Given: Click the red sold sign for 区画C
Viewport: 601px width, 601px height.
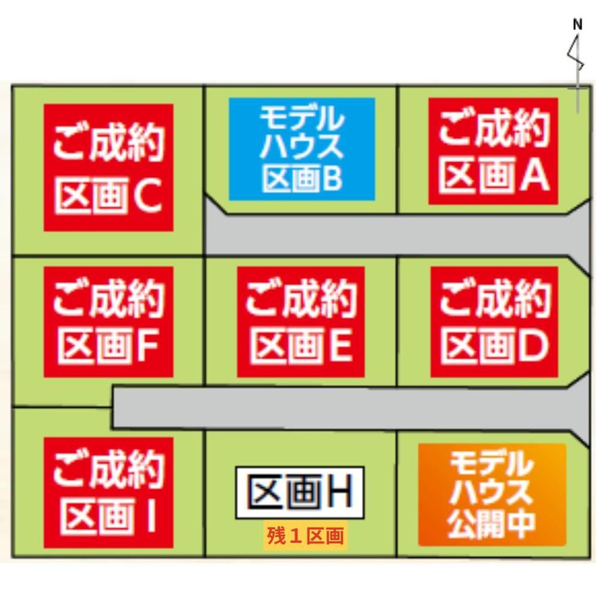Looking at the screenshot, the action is (108, 168).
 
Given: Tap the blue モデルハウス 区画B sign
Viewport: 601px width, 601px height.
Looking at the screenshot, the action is (302, 149).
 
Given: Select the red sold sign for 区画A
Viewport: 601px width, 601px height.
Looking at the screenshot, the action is (493, 151).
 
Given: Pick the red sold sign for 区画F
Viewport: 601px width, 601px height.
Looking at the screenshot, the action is (108, 322).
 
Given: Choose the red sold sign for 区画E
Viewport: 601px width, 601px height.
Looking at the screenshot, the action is (301, 322).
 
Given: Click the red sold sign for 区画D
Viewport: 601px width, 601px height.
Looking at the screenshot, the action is (494, 322).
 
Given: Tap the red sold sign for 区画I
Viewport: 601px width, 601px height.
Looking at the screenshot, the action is (108, 493).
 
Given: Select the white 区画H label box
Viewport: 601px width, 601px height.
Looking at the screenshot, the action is (300, 493).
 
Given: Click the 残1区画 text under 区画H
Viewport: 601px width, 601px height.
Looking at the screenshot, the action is (305, 536).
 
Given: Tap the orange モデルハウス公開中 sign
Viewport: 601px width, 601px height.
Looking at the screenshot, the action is (492, 495).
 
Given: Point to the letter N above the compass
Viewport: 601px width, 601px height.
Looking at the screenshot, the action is (577, 25).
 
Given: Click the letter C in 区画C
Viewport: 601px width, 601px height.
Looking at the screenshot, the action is (148, 197).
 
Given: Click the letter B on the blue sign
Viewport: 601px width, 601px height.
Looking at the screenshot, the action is (329, 178).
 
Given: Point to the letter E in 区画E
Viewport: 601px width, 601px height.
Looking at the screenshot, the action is (339, 346).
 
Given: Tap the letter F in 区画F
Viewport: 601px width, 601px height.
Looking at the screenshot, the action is (147, 346).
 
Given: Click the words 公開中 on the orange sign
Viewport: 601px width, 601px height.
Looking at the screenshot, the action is (491, 525).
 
